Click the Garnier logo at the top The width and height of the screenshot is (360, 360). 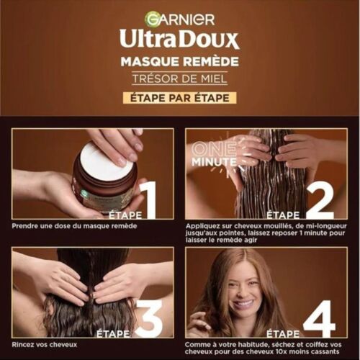[x=179, y=19]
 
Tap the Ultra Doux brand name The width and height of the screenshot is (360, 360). [x=179, y=38]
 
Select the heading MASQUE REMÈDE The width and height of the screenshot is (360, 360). [x=180, y=62]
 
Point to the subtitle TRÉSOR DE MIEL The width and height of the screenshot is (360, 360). [x=180, y=78]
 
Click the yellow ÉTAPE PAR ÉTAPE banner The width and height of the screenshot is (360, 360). [x=180, y=97]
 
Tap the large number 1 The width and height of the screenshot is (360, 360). [x=148, y=199]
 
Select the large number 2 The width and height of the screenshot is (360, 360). [x=320, y=199]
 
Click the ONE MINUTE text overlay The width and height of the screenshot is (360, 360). [x=215, y=155]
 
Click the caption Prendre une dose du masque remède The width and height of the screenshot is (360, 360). [x=74, y=225]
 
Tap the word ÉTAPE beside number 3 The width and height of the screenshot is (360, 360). [x=112, y=333]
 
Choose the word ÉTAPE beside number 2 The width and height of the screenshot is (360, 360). [x=282, y=215]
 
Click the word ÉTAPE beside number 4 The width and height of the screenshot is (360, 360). [x=282, y=333]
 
